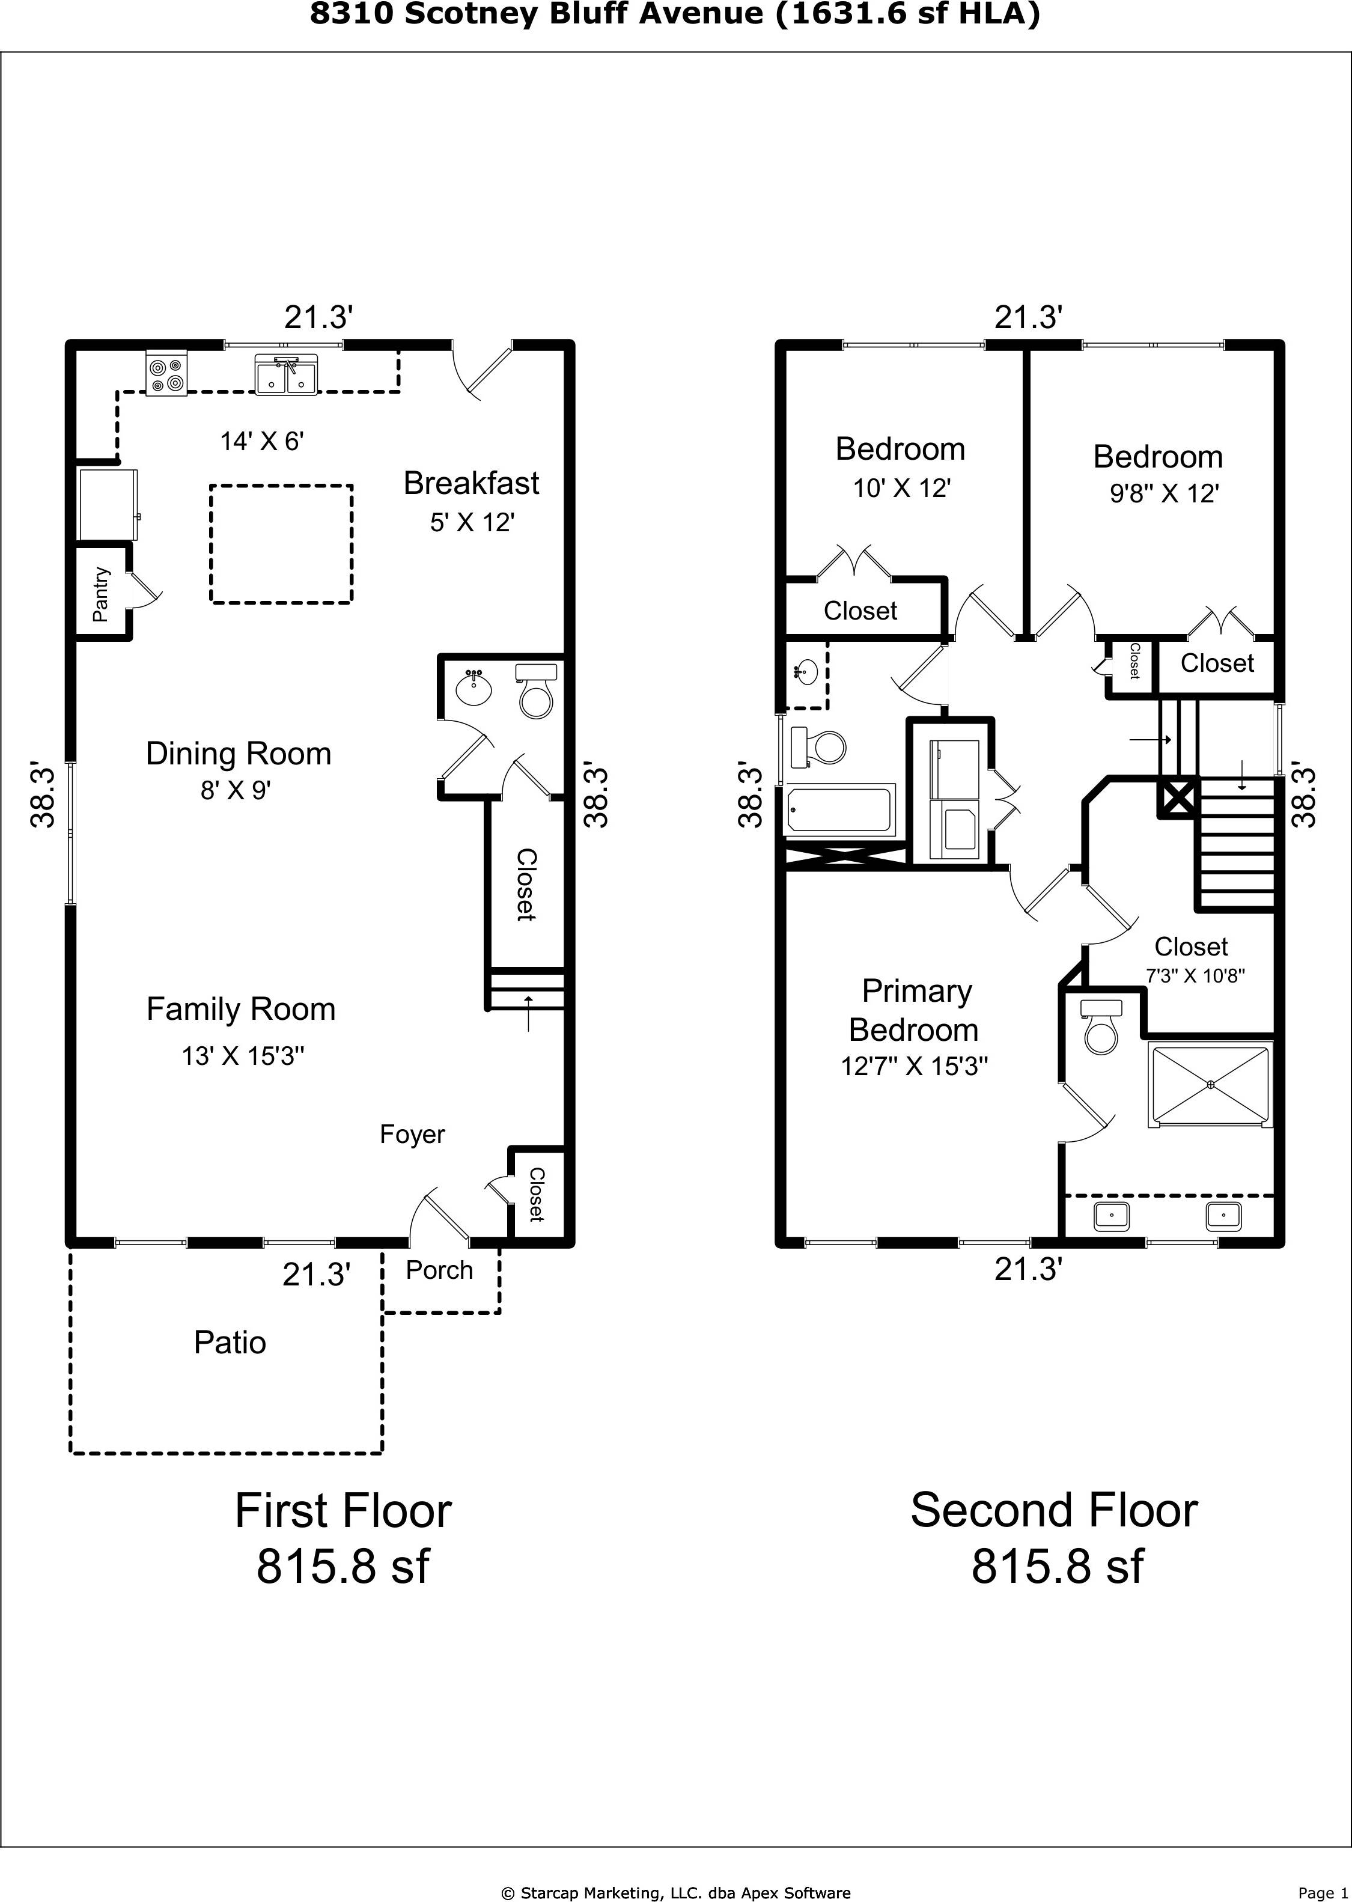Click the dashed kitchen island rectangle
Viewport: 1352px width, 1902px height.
pyautogui.click(x=281, y=543)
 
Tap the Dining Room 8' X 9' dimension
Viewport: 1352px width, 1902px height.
pyautogui.click(x=236, y=789)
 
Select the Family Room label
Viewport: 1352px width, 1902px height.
pyautogui.click(x=240, y=1009)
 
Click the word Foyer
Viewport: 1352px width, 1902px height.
pyautogui.click(x=412, y=1135)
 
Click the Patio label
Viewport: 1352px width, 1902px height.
pyautogui.click(x=230, y=1343)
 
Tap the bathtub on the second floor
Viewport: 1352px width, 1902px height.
pyautogui.click(x=840, y=810)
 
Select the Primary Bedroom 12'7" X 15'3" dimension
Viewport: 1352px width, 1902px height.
pyautogui.click(x=914, y=1066)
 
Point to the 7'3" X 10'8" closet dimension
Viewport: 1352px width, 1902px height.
pyautogui.click(x=1195, y=975)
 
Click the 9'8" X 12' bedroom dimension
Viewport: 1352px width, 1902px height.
pyautogui.click(x=1164, y=493)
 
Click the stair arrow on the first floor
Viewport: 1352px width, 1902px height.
pyautogui.click(x=528, y=1012)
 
